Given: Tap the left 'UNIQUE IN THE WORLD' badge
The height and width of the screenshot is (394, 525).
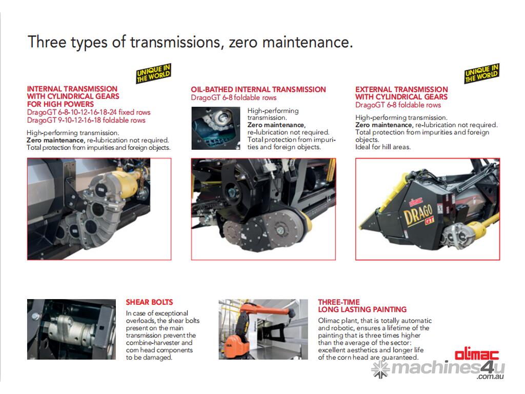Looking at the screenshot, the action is tap(154, 73).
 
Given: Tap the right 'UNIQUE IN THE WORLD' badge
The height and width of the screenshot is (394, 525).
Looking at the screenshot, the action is tap(482, 73).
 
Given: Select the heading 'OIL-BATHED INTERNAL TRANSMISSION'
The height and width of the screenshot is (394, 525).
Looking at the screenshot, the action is tap(258, 89).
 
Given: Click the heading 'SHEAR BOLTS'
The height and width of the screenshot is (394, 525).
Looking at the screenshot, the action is tap(149, 302).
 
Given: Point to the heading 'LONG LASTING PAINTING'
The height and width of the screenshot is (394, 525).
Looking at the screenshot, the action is tap(362, 309).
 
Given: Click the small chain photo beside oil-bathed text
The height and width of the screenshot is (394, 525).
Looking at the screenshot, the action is tap(216, 128).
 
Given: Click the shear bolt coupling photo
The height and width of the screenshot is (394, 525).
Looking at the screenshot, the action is tap(71, 329).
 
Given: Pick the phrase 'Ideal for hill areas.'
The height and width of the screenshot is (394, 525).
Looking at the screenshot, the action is tap(382, 147).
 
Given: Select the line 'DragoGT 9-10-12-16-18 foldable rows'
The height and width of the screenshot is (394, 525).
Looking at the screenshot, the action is tap(86, 120).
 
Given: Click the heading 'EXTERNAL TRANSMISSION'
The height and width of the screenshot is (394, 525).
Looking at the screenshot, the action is tap(401, 89).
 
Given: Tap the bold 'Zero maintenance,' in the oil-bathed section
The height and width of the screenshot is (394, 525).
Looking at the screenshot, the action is tap(276, 125).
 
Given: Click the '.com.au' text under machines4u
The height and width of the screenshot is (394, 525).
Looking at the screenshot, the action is tap(490, 376).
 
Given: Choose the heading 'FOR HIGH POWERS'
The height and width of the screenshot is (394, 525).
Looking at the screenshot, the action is tap(60, 104).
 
